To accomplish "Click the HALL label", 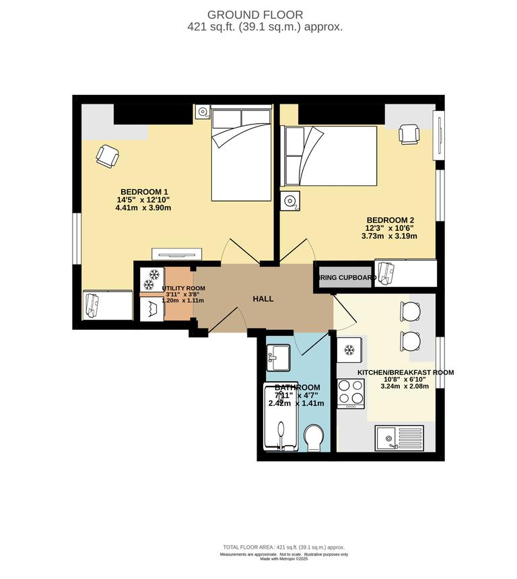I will coord(263,298).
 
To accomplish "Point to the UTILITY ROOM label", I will coord(184,288).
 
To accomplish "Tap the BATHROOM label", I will coord(297,387).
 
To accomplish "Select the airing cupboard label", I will coord(347,277).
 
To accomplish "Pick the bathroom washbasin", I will coord(278,356).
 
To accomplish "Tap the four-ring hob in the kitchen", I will coord(350,394).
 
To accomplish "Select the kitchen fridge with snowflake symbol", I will coord(349,350).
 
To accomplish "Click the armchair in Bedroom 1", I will coord(106,156).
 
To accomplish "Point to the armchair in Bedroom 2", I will coord(409,134).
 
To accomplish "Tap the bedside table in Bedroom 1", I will coord(203,112).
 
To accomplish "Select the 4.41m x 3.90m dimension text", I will coord(143,208).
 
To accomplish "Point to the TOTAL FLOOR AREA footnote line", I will coord(283,547).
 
